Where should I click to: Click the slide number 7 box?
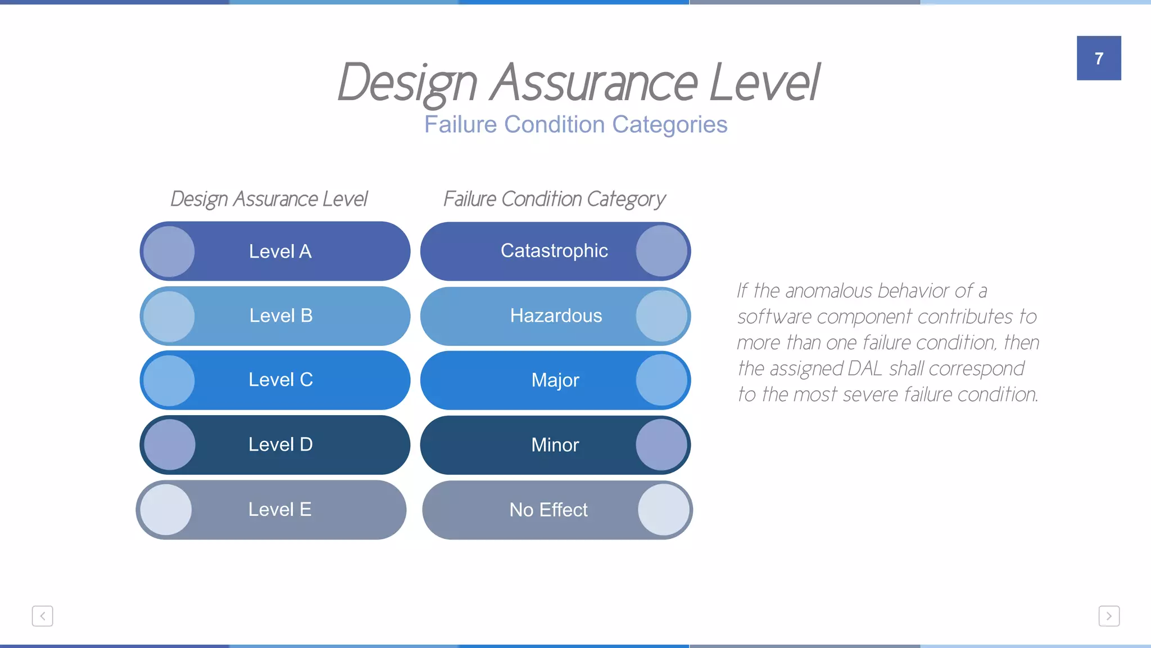pos(1099,58)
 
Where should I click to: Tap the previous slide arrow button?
pos(42,616)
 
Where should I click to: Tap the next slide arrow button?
pos(1109,616)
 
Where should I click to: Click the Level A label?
pos(280,251)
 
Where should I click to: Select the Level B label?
pos(280,316)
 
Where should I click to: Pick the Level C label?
pos(280,380)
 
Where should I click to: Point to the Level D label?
pos(280,444)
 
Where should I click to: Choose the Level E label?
pos(279,509)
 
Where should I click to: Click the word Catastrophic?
pos(554,250)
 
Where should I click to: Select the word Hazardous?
pos(556,316)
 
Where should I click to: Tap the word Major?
pos(555,380)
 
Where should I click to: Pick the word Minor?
pos(555,445)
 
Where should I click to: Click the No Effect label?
pos(549,510)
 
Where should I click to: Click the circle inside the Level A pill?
pos(169,251)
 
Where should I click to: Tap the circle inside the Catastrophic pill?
pos(661,251)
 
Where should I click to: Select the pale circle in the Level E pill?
pos(166,510)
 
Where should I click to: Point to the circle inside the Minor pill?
pos(661,445)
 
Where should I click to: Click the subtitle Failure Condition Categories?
pos(575,124)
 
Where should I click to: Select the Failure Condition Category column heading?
pos(554,199)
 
